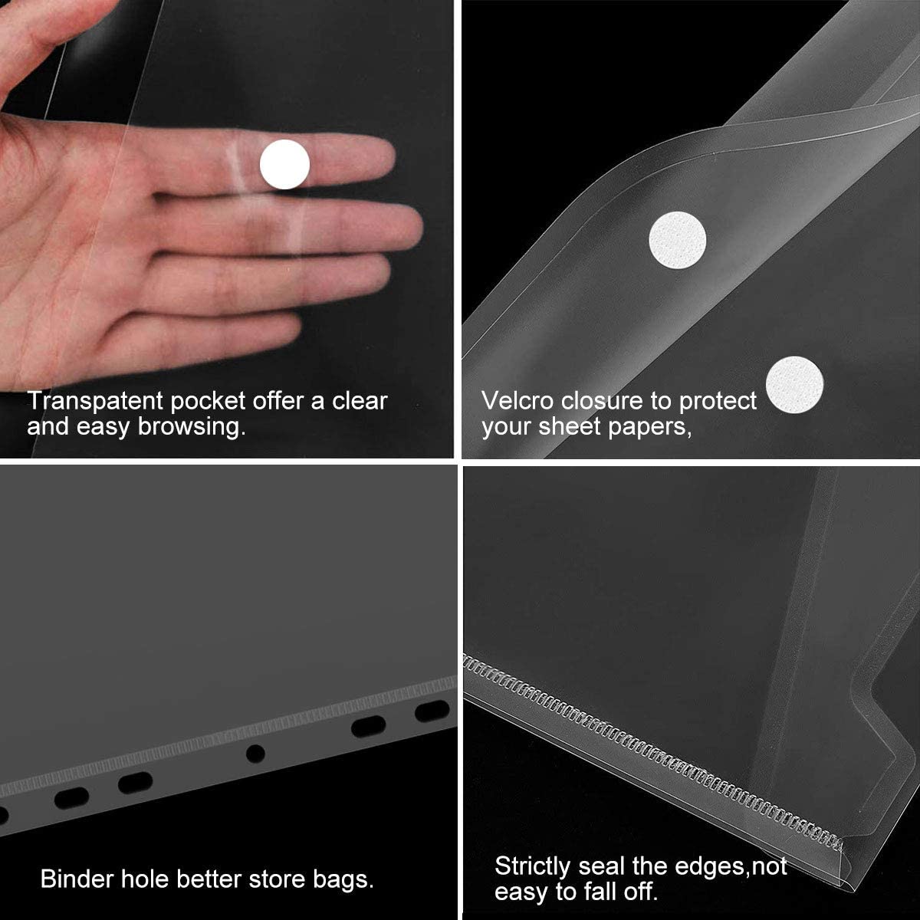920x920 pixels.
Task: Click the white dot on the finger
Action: [x=285, y=165]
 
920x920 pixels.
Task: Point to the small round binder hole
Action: [x=255, y=753]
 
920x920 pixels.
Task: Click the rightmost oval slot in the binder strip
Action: [x=432, y=711]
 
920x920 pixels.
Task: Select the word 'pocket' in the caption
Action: [x=208, y=400]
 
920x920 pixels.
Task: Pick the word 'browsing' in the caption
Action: [x=192, y=426]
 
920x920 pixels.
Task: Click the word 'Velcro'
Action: [x=518, y=400]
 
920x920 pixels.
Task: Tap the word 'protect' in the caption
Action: [x=718, y=400]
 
